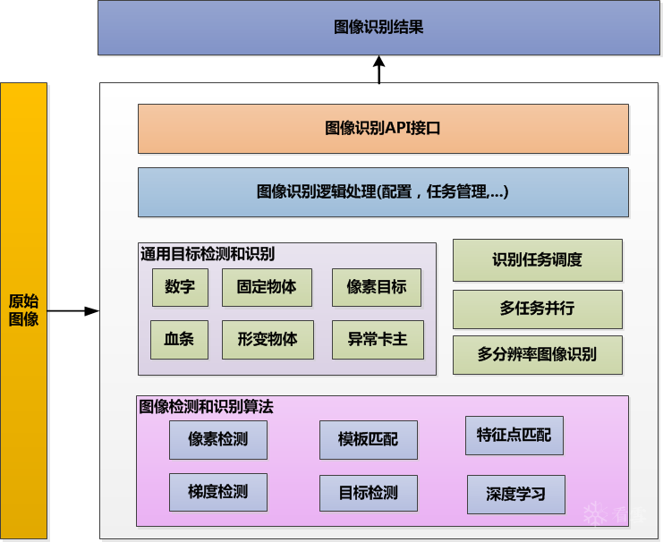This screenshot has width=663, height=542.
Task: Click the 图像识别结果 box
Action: pyautogui.click(x=378, y=28)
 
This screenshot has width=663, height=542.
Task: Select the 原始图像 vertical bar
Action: pyautogui.click(x=24, y=310)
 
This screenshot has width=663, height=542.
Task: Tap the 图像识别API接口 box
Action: pyautogui.click(x=383, y=129)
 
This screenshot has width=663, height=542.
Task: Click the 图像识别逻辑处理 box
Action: pyautogui.click(x=383, y=191)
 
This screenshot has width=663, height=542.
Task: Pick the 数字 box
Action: pyautogui.click(x=180, y=288)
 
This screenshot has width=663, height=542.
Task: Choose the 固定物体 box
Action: pyautogui.click(x=267, y=288)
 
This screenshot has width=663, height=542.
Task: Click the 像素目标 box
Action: pyautogui.click(x=377, y=288)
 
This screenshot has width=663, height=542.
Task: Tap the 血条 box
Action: pyautogui.click(x=179, y=340)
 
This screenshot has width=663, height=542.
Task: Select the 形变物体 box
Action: pyautogui.click(x=268, y=340)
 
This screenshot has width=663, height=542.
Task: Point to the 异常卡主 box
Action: pyautogui.click(x=377, y=340)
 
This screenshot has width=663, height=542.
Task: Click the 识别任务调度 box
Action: pyautogui.click(x=537, y=260)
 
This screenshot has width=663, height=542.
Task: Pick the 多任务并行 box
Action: pyautogui.click(x=537, y=309)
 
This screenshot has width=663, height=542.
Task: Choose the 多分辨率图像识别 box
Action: pyautogui.click(x=537, y=355)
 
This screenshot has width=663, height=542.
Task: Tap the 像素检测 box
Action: pyautogui.click(x=217, y=439)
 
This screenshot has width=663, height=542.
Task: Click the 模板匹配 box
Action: pyautogui.click(x=368, y=439)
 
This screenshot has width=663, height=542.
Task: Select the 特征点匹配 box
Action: pyautogui.click(x=514, y=436)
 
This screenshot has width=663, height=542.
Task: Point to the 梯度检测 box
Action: pyautogui.click(x=217, y=492)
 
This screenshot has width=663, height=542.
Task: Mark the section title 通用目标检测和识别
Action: pyautogui.click(x=208, y=254)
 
